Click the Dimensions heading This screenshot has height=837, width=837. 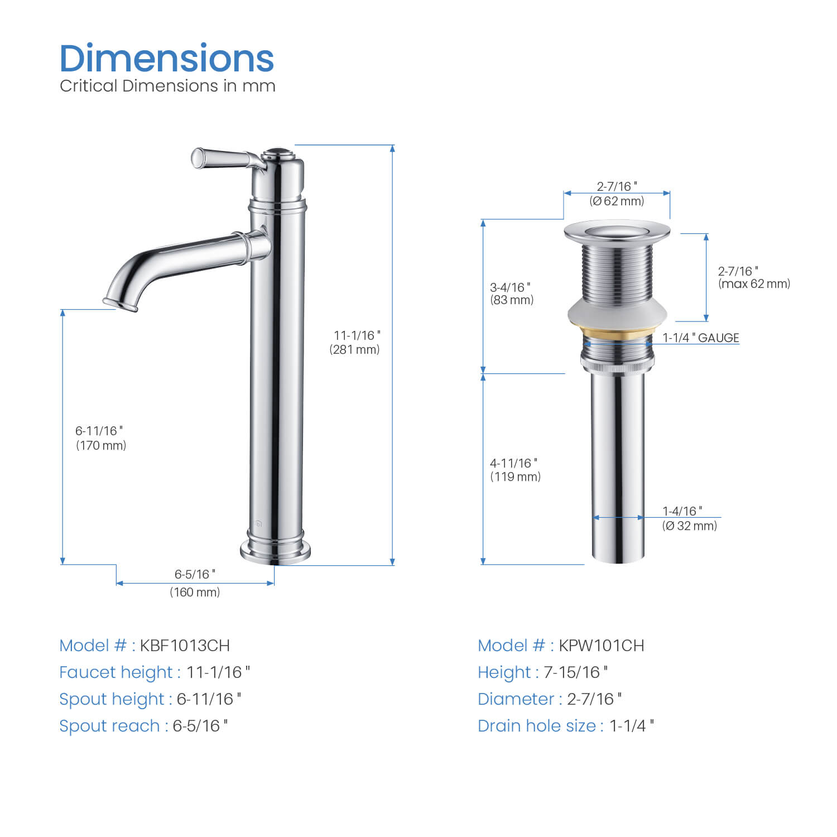(x=167, y=59)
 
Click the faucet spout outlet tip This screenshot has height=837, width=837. (x=120, y=305)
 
